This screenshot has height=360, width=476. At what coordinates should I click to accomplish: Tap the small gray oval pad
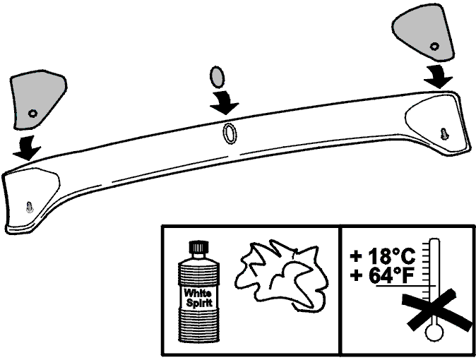pos(217,77)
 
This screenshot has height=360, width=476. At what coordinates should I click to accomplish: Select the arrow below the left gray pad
pos(27,148)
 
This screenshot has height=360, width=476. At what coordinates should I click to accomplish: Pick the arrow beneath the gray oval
pos(224,102)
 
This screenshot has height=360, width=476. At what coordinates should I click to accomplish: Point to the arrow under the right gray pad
pos(438,76)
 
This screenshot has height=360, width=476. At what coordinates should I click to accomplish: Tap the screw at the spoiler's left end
pos(29,207)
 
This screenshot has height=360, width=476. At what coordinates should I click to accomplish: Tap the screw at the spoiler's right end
pos(444,133)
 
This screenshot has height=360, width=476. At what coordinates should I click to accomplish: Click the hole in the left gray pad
pos(32,113)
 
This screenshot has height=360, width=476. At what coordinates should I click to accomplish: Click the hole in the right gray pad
pos(435,47)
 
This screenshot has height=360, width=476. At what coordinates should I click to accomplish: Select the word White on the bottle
pos(198,293)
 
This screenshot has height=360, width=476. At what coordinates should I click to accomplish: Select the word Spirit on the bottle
pos(199,303)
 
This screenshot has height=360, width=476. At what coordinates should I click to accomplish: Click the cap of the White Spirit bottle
pos(198,246)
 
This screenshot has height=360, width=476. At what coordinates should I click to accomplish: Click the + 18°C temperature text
pos(383,256)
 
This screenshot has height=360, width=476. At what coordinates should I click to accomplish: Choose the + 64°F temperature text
pos(383,275)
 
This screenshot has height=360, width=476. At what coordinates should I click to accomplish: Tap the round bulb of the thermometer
pos(435,332)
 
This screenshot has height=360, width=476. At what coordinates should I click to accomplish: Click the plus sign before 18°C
pos(356,256)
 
